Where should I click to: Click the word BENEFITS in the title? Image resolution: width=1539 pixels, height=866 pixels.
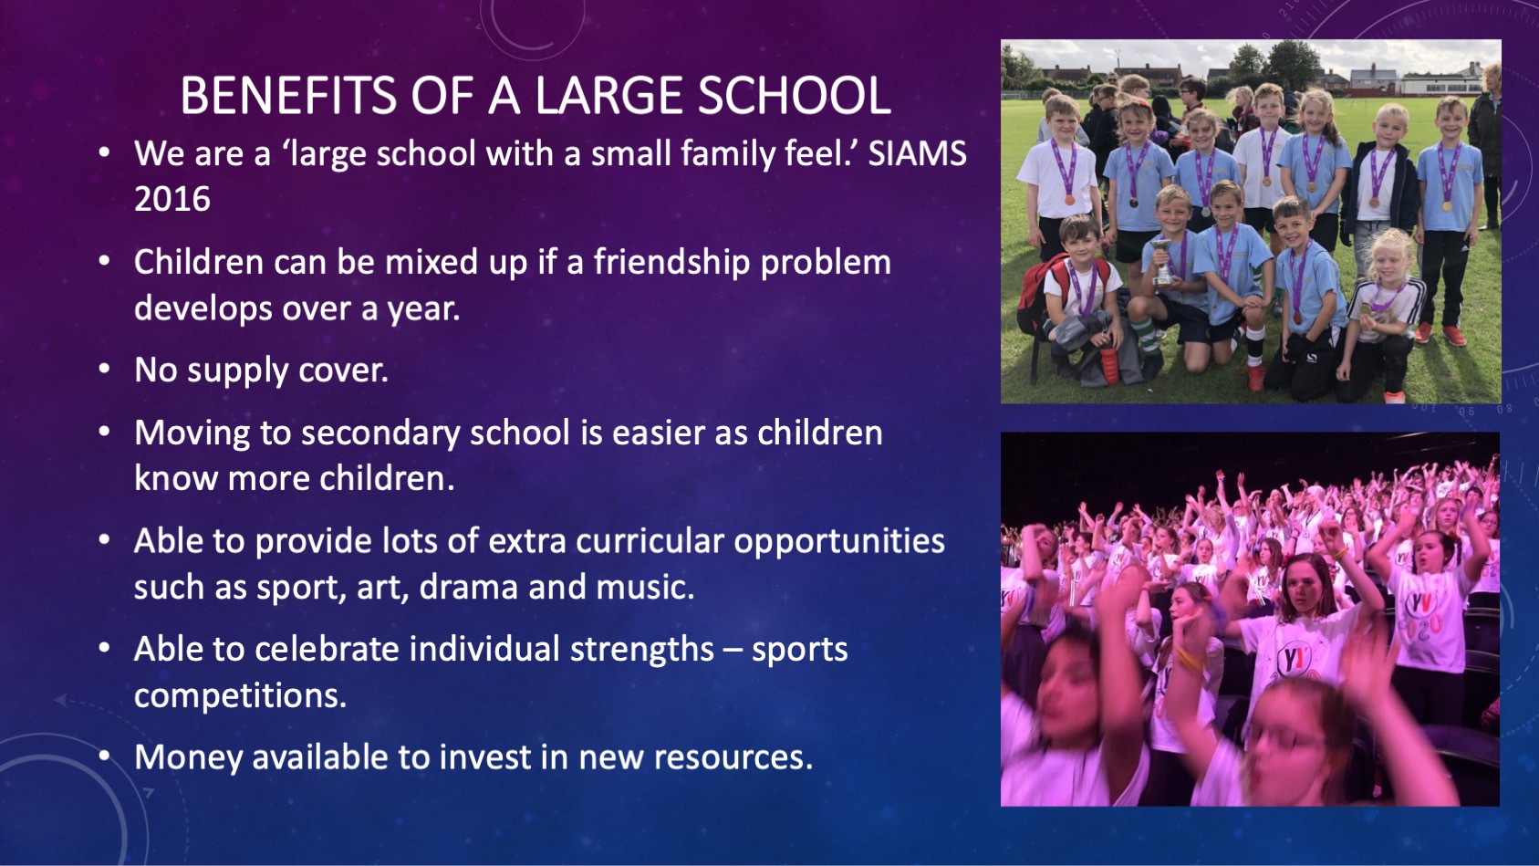[x=288, y=95]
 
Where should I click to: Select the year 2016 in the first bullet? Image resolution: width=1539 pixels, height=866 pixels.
[x=172, y=199]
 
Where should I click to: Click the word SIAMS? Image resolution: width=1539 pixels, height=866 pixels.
[x=917, y=153]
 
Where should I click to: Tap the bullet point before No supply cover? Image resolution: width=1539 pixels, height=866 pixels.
[x=104, y=369]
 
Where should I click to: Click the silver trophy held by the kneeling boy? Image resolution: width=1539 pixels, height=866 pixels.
[x=1161, y=261]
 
